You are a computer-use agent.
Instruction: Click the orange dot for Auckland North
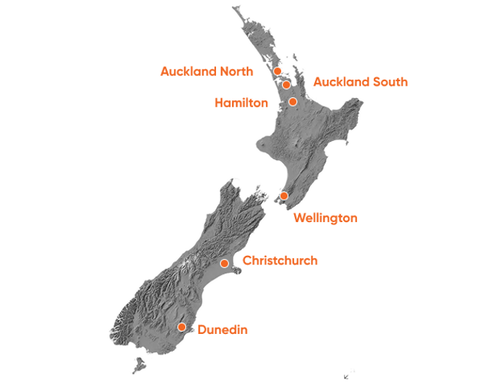277,71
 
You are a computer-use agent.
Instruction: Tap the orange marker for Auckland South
286,84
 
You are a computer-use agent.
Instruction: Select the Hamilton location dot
293,101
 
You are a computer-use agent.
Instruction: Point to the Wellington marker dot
283,196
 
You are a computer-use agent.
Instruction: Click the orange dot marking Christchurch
224,264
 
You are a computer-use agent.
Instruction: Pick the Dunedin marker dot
182,327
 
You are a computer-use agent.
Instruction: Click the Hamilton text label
241,103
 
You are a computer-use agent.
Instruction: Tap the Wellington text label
326,218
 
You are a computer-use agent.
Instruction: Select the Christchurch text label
280,260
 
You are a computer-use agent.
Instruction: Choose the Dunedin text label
222,329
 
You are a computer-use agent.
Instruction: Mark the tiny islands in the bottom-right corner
349,374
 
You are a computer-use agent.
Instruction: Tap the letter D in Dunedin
201,329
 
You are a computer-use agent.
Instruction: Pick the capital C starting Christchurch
246,260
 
